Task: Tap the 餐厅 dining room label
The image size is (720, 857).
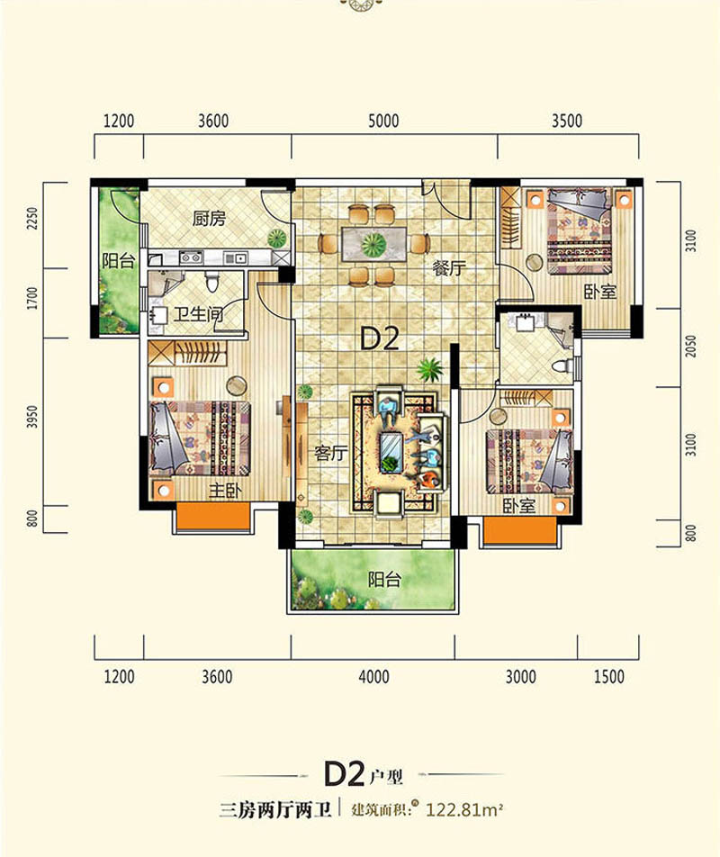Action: pos(448,267)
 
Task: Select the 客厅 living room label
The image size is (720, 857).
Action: pos(331,454)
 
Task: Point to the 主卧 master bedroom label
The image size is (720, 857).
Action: pos(224,492)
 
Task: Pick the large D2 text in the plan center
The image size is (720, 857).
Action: pos(379,338)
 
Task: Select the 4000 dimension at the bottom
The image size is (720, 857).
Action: pos(373,677)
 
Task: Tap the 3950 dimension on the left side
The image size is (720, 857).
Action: pos(32,419)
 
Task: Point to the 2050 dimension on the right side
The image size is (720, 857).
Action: pos(691,348)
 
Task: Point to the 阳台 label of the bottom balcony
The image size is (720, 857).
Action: pos(384,580)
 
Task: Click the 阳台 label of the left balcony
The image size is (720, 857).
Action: pos(118,262)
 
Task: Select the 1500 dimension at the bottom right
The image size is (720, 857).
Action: pos(609,677)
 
